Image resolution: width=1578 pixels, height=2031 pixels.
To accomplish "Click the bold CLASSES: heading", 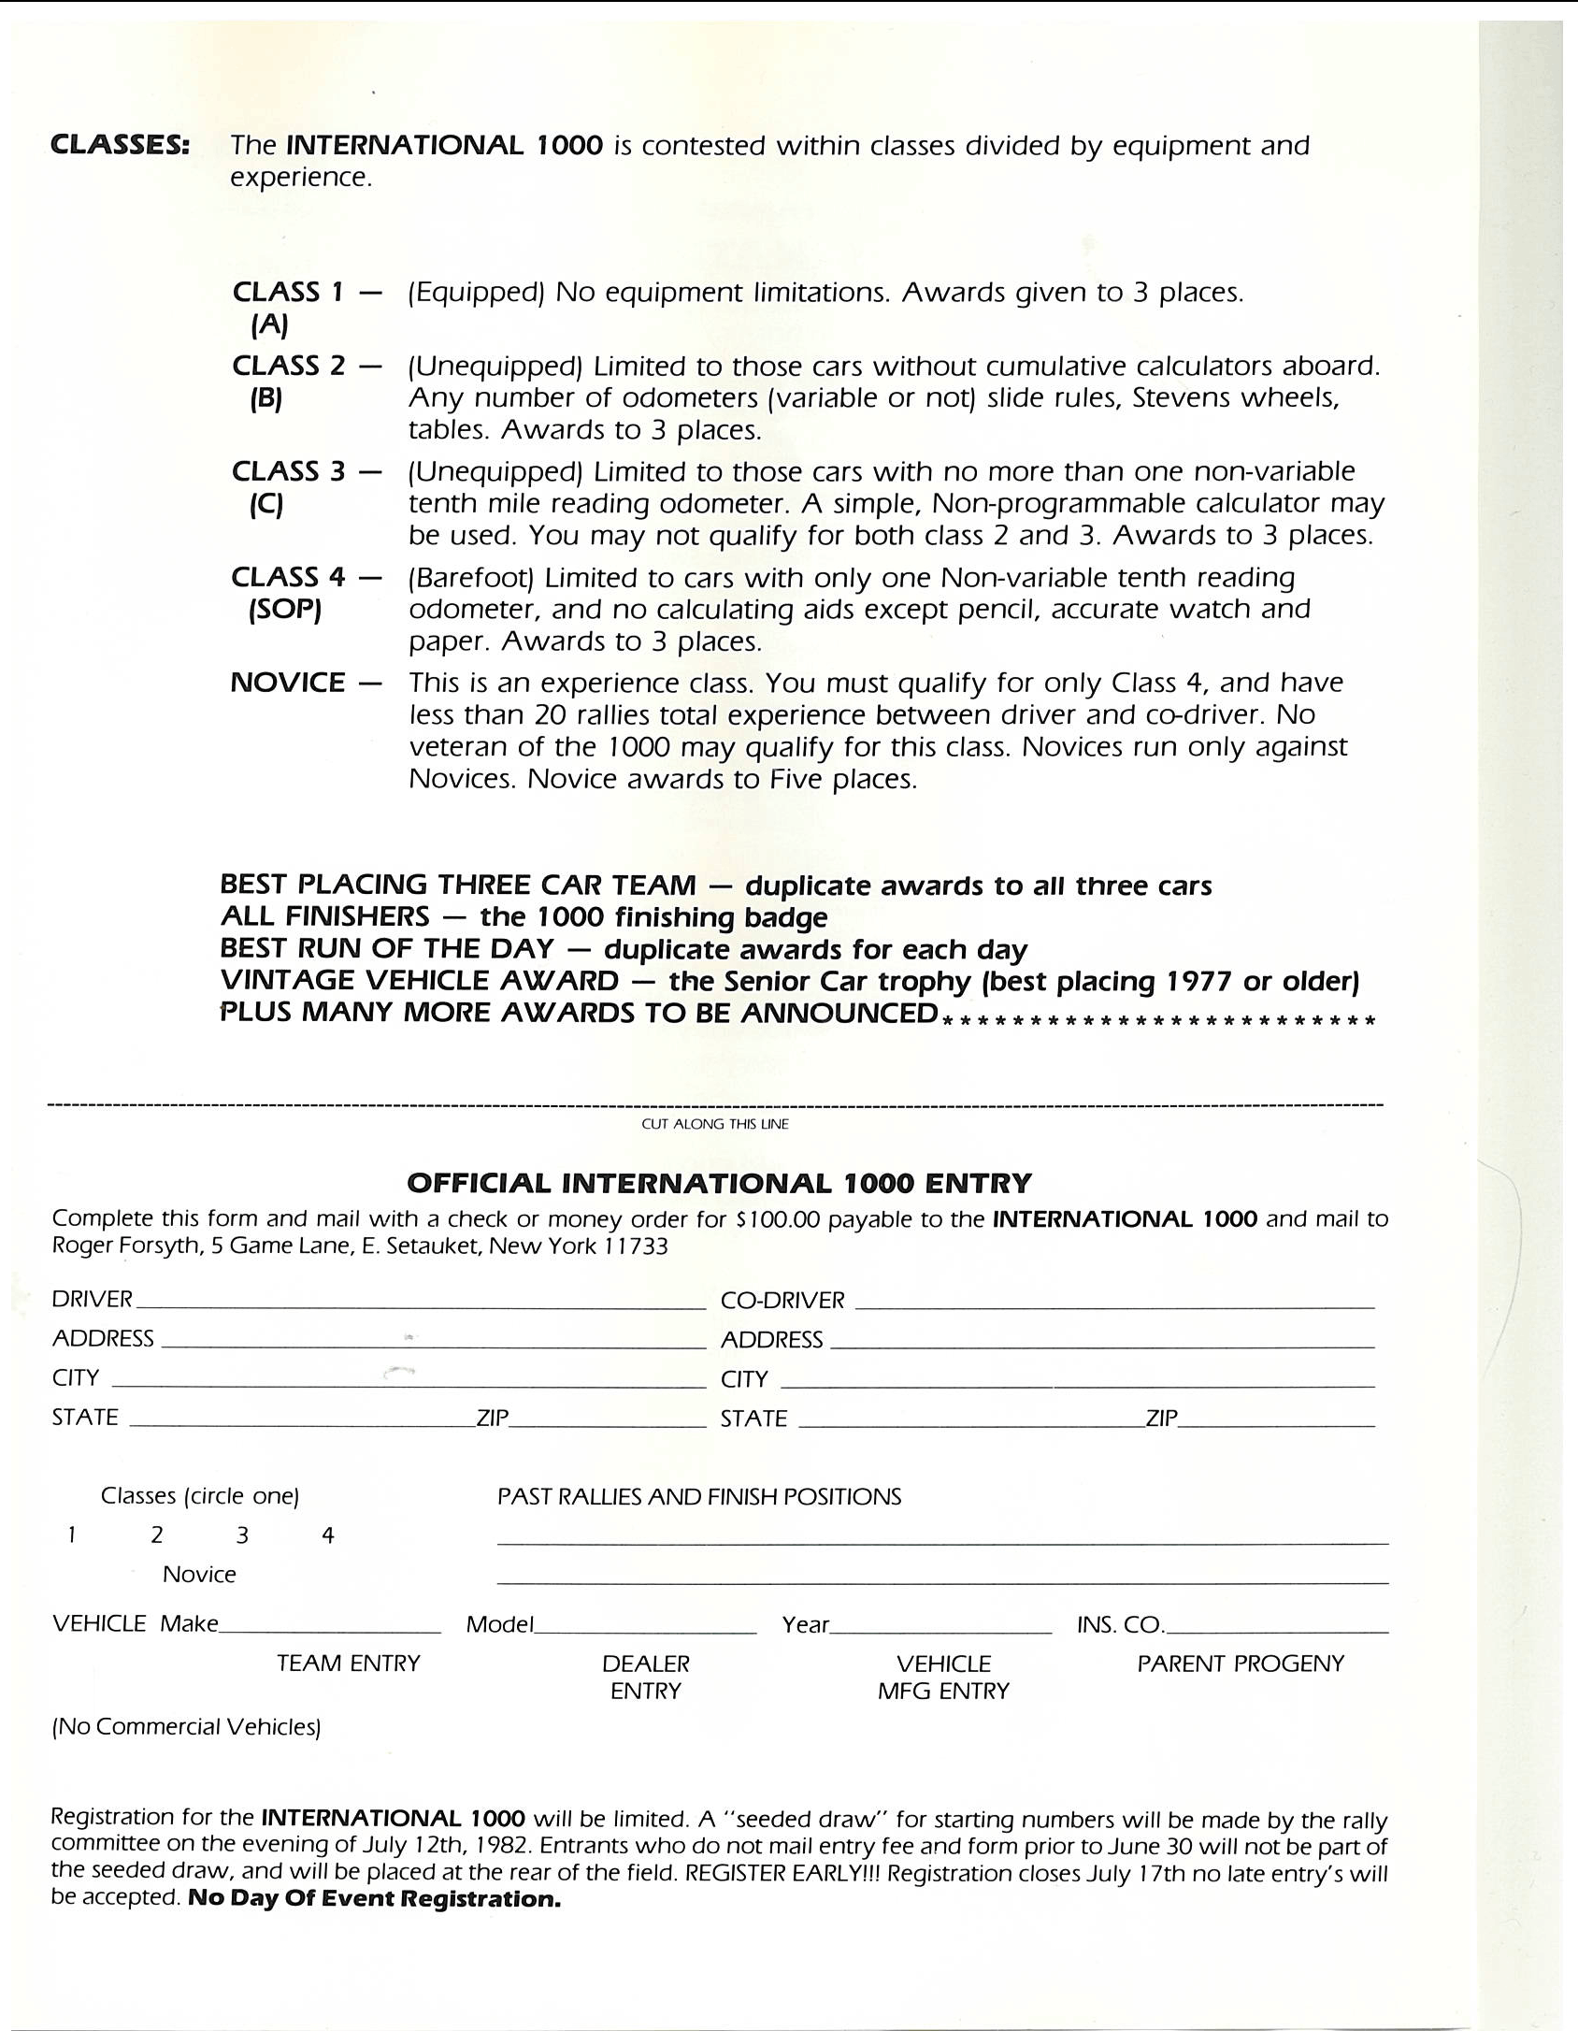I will pyautogui.click(x=120, y=146).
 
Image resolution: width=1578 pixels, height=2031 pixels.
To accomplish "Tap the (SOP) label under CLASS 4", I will pyautogui.click(x=285, y=611).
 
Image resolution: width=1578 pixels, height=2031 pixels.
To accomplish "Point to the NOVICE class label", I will pyautogui.click(x=288, y=683).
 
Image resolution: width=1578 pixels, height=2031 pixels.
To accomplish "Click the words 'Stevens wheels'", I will pyautogui.click(x=1236, y=398).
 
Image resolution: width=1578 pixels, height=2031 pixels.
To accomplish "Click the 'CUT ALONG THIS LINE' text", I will pyautogui.click(x=714, y=1124).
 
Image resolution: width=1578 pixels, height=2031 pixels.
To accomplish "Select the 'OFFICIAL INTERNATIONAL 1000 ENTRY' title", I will pyautogui.click(x=719, y=1183).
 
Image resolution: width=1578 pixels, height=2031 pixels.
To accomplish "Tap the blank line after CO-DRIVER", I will pyautogui.click(x=1114, y=1302).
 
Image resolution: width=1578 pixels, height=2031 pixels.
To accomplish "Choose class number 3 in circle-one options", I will pyautogui.click(x=242, y=1535).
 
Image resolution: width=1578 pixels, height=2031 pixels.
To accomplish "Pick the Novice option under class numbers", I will pyautogui.click(x=199, y=1575).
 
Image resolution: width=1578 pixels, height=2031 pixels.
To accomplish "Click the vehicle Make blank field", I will pyautogui.click(x=329, y=1626).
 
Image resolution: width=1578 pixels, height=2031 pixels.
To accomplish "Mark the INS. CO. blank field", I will pyautogui.click(x=1276, y=1626).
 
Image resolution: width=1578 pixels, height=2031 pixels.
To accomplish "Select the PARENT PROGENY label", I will pyautogui.click(x=1241, y=1664).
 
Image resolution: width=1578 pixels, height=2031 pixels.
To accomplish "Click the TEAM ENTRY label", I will pyautogui.click(x=349, y=1664).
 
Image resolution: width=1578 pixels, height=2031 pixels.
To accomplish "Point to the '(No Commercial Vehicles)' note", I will pyautogui.click(x=186, y=1727).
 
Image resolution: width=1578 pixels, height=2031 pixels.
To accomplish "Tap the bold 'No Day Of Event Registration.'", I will pyautogui.click(x=374, y=1899).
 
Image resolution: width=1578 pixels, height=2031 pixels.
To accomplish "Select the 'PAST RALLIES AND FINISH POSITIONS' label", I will pyautogui.click(x=698, y=1497).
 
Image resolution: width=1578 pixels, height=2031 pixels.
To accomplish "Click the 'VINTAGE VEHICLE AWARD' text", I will pyautogui.click(x=419, y=981).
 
